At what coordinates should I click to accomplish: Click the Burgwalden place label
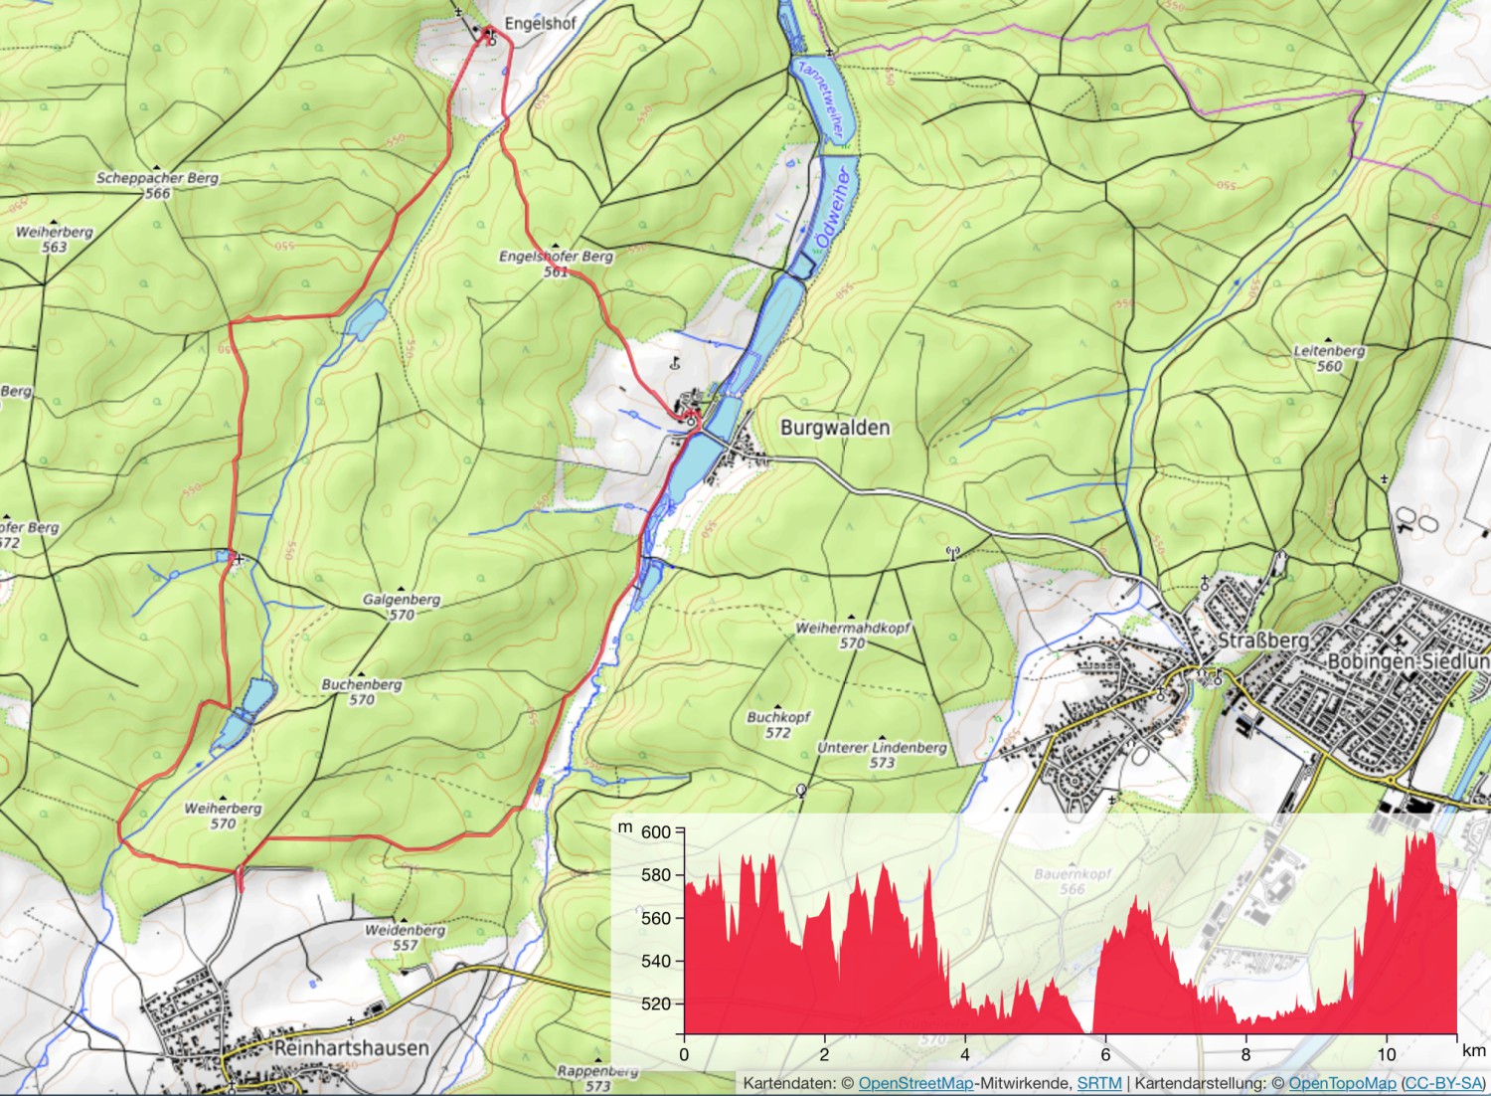(x=834, y=428)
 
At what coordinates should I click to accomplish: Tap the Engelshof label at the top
(x=539, y=22)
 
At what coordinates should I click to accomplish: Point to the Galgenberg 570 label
(x=402, y=607)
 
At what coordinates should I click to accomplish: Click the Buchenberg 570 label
(x=362, y=691)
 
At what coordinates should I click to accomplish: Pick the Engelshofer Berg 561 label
(x=556, y=263)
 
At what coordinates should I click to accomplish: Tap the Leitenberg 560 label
(x=1329, y=358)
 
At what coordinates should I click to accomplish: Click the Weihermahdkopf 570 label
(x=852, y=636)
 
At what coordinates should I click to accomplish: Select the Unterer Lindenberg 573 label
(x=882, y=755)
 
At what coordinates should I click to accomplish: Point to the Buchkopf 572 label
(x=778, y=724)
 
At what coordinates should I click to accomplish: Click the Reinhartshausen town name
(x=351, y=1048)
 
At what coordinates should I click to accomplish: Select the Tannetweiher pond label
(x=823, y=96)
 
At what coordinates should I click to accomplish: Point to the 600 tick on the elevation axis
(x=656, y=832)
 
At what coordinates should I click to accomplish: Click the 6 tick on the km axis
(x=1104, y=1055)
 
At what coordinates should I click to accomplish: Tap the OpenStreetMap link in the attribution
(x=914, y=1083)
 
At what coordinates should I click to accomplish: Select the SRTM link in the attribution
(x=1098, y=1083)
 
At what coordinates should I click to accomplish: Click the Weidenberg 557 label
(x=405, y=937)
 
